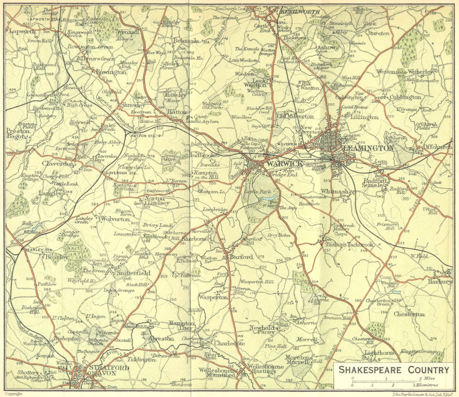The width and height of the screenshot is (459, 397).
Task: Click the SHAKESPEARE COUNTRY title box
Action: (394, 370)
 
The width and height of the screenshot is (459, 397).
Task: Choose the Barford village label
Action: (241, 257)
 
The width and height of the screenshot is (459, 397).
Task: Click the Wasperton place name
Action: (213, 297)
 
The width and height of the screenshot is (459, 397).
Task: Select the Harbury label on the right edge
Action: (440, 281)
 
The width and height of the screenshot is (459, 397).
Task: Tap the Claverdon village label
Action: (58, 163)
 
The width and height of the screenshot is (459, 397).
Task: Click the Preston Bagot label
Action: (18, 134)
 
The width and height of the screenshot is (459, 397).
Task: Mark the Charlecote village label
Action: (229, 343)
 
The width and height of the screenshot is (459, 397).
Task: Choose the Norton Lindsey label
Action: (157, 201)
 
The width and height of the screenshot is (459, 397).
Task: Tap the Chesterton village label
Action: (409, 314)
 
